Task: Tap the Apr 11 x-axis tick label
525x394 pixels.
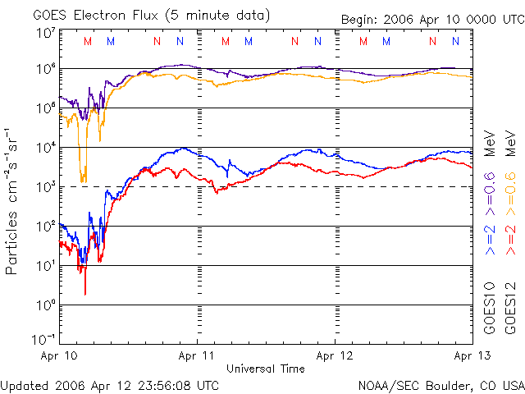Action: coord(197,356)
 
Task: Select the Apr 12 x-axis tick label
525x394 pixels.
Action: coord(334,356)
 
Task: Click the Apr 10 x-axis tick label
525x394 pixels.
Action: coord(59,356)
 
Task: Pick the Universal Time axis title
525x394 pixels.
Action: coord(265,369)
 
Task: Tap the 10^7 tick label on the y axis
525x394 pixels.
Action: coord(45,33)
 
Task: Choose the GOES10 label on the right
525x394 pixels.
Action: coord(489,310)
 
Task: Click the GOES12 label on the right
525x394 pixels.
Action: coord(509,310)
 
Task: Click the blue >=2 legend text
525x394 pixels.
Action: coord(489,238)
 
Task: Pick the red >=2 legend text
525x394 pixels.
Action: coord(509,238)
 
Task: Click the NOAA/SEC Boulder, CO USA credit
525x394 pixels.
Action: coord(441,384)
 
